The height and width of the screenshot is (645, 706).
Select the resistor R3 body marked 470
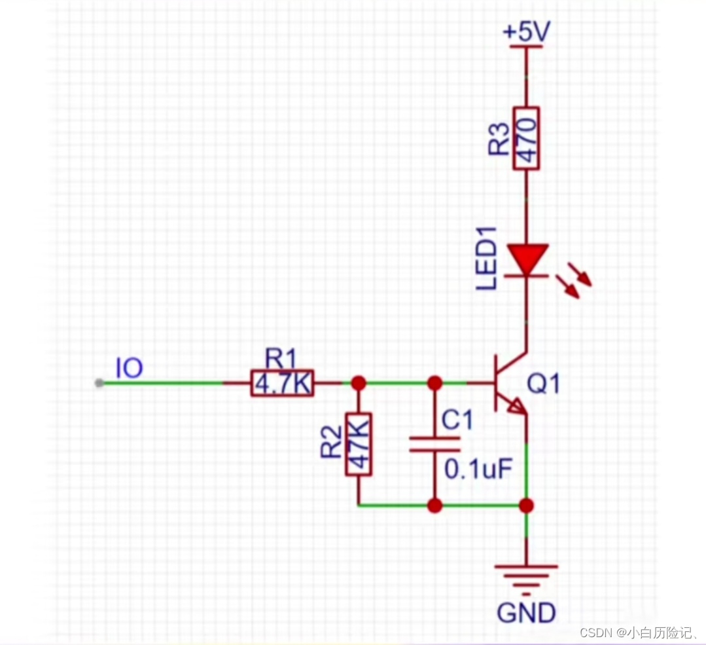point(526,138)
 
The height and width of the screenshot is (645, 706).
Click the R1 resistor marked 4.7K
point(282,384)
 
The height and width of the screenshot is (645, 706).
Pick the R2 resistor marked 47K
point(358,444)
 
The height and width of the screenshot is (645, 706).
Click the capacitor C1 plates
point(434,444)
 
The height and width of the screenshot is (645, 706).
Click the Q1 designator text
point(544,384)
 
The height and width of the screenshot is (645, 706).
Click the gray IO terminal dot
point(99,383)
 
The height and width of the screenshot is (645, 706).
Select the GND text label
point(526,613)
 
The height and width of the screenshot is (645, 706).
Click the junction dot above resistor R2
point(358,382)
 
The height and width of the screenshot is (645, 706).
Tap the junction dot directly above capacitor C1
point(434,382)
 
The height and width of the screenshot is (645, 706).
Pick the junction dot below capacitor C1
point(434,506)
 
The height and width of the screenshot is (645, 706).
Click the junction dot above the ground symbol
point(526,506)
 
